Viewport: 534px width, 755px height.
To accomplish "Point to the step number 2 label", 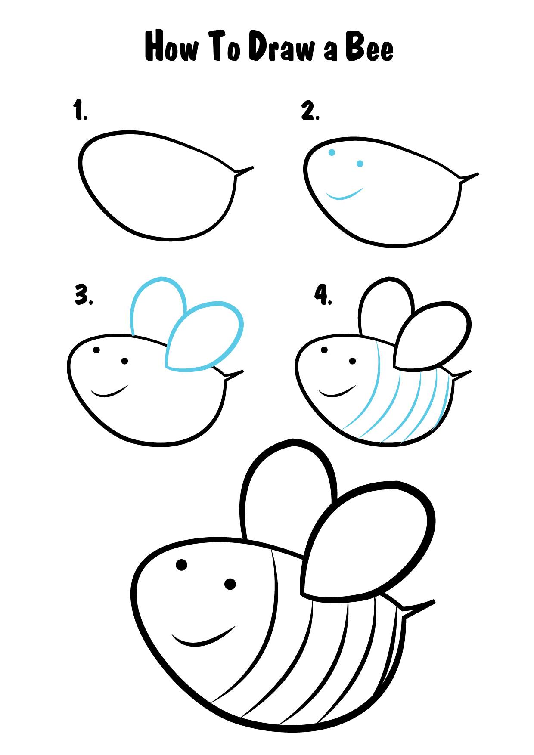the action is pyautogui.click(x=310, y=111).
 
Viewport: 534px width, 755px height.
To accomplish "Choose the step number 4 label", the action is pyautogui.click(x=323, y=296).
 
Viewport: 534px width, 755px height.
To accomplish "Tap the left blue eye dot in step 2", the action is pyautogui.click(x=332, y=152).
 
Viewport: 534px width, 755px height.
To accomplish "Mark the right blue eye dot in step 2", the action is pyautogui.click(x=360, y=164).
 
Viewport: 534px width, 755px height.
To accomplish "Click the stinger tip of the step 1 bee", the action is pyautogui.click(x=253, y=167).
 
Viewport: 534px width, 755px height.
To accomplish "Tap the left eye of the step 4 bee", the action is pyautogui.click(x=324, y=350).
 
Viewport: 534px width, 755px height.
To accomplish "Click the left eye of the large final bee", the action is pyautogui.click(x=181, y=564).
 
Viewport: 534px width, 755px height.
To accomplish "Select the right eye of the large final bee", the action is pyautogui.click(x=230, y=584).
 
